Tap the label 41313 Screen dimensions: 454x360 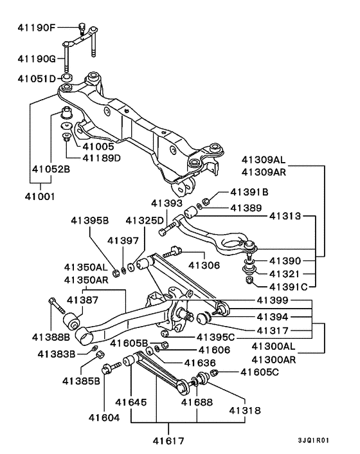click(x=285, y=217)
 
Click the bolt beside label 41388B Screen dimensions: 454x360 click(x=54, y=308)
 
